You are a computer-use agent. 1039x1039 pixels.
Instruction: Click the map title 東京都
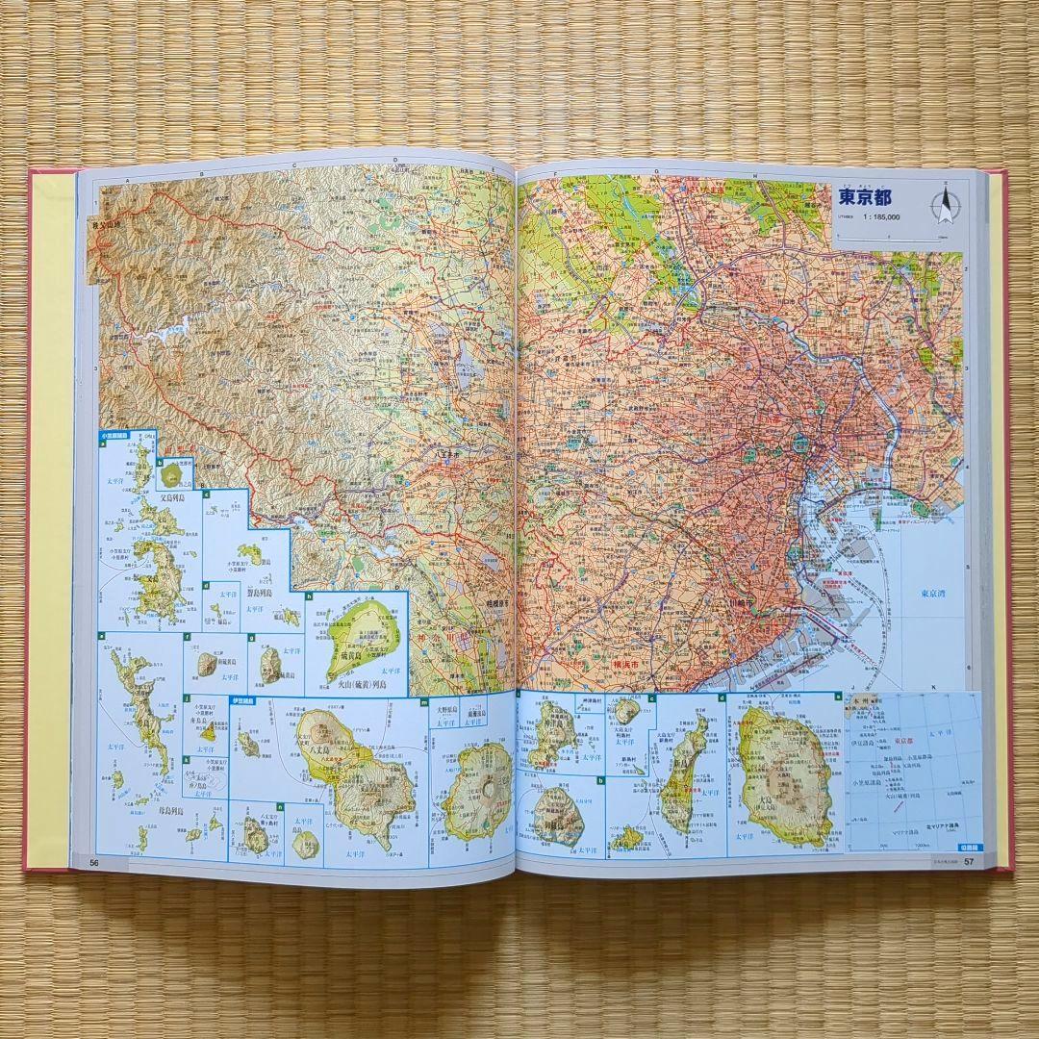[865, 198]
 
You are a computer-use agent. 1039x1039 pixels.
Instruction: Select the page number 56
[94, 862]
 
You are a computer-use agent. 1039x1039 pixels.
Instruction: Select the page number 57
[970, 860]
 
